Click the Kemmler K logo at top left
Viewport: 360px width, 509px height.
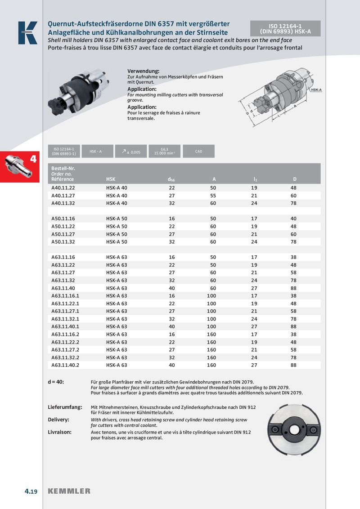pyautogui.click(x=27, y=33)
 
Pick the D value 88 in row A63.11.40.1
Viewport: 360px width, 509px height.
pyautogui.click(x=294, y=326)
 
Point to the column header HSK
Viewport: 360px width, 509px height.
pyautogui.click(x=111, y=179)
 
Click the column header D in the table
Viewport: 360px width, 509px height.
pyautogui.click(x=295, y=179)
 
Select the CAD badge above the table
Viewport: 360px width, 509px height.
pyautogui.click(x=198, y=152)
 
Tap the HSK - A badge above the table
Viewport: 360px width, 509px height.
pyautogui.click(x=95, y=152)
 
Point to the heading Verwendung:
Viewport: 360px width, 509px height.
pyautogui.click(x=144, y=71)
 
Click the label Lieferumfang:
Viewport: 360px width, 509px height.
pyautogui.click(x=65, y=407)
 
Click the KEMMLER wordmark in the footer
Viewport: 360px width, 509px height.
pyautogui.click(x=69, y=491)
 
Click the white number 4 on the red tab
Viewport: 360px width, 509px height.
pyautogui.click(x=33, y=159)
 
